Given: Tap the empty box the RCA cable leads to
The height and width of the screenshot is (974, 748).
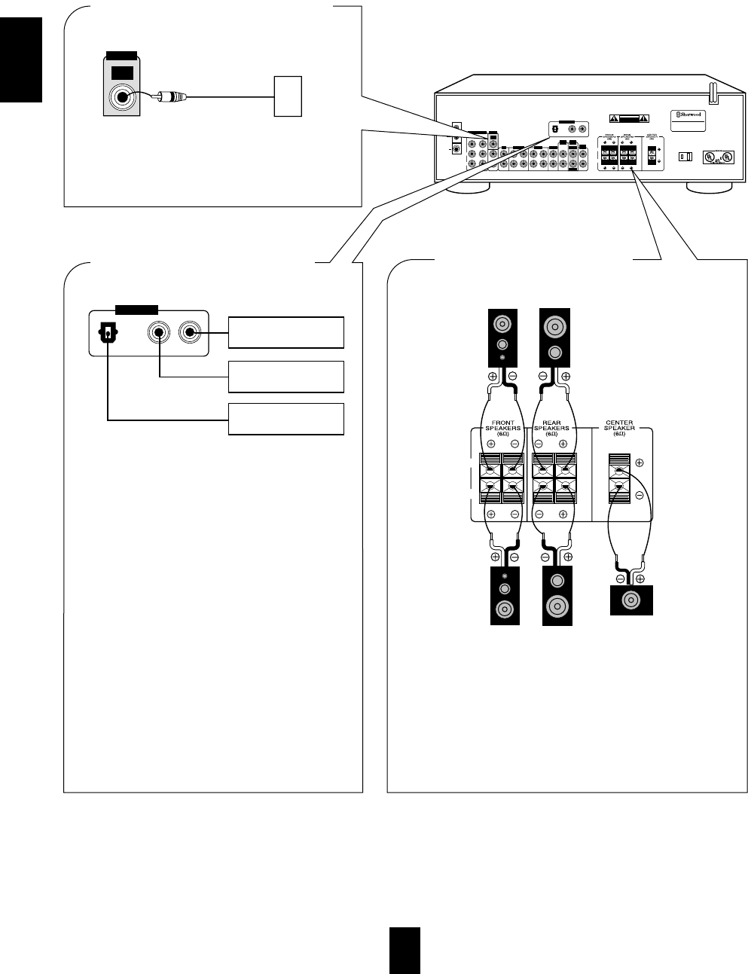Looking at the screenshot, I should click(x=286, y=96).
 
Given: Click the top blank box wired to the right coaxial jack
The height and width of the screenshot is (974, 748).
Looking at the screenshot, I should click(x=286, y=332).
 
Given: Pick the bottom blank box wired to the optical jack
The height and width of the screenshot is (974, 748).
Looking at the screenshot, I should click(x=286, y=419).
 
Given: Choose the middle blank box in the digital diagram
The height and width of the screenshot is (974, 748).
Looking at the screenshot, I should click(x=286, y=376).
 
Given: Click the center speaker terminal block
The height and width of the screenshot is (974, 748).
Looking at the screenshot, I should click(x=618, y=480).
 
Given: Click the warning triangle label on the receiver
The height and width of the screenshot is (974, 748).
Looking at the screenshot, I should click(x=628, y=118).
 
